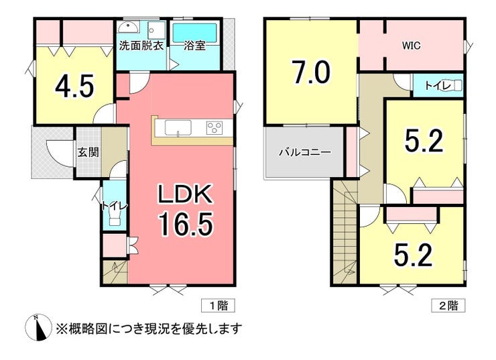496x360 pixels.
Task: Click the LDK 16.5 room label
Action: tap(186, 210)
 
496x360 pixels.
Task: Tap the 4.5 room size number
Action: tap(74, 86)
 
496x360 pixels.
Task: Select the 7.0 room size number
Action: tap(312, 72)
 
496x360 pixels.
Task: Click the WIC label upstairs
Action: tap(412, 46)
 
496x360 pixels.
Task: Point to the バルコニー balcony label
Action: tap(304, 152)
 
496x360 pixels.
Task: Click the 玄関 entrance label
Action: tap(88, 152)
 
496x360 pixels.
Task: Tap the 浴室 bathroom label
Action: tap(195, 46)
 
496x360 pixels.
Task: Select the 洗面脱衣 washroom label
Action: tap(141, 46)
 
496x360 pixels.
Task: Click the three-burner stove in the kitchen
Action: tap(214, 128)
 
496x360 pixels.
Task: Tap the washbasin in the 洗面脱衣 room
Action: tap(128, 28)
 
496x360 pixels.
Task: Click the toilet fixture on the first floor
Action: tap(115, 218)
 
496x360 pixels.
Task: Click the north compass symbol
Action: tap(38, 328)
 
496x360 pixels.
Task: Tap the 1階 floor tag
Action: tap(219, 306)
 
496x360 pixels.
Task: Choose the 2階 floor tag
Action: tap(448, 306)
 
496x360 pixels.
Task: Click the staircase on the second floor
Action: tap(345, 232)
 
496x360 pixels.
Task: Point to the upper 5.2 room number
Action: tap(424, 140)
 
